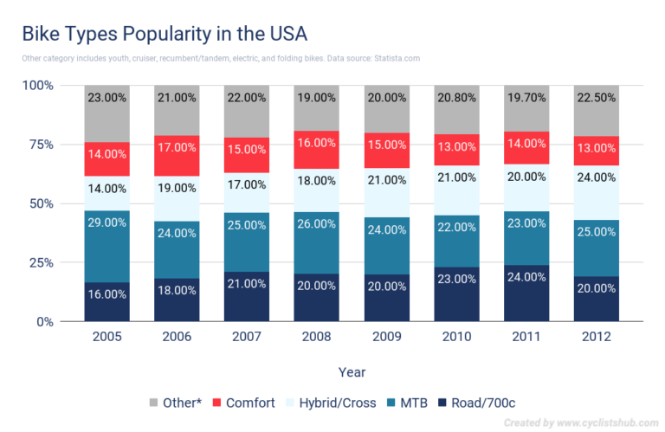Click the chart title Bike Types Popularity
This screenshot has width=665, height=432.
[x=164, y=35]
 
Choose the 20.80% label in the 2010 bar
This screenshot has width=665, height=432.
[x=456, y=98]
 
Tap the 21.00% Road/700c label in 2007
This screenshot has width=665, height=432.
[x=247, y=285]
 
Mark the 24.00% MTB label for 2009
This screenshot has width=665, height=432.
[x=386, y=230]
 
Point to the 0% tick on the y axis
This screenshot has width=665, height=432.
[x=43, y=322]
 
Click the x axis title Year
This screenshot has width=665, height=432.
[x=351, y=371]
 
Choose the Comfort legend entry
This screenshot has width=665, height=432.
[x=246, y=403]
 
